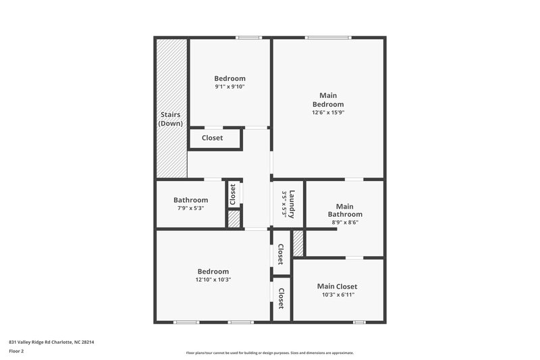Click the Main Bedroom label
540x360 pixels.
point(328,100)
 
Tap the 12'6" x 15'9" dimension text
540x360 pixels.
point(328,113)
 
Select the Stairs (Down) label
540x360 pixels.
point(169,120)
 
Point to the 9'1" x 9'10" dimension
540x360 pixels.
point(230,86)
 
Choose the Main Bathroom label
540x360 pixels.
point(345,210)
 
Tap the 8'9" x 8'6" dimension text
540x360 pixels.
point(345,222)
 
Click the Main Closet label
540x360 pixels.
point(337,286)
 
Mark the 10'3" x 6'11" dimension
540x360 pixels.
point(337,294)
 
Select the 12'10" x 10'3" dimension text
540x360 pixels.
point(213,280)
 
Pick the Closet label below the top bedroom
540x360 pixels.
point(212,138)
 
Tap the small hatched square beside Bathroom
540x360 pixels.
point(234,220)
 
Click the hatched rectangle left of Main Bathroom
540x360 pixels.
point(298,242)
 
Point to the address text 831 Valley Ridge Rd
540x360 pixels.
point(51,342)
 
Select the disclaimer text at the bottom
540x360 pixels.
point(270,353)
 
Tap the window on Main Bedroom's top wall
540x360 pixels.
point(327,38)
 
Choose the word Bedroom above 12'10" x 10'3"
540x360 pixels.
point(213,271)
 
